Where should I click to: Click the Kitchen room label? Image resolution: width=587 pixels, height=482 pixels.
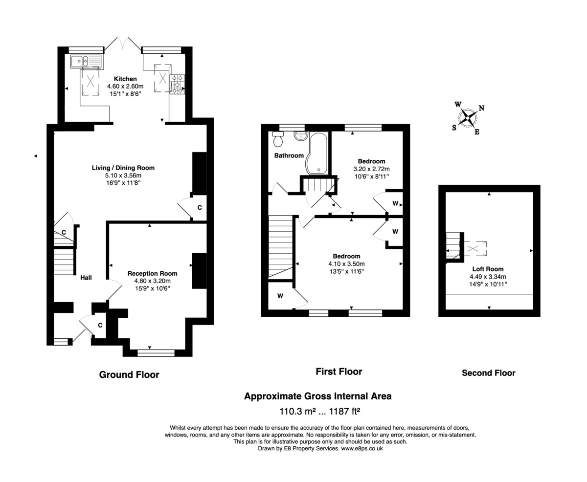[x=125, y=79]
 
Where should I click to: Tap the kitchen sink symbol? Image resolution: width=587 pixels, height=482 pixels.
[x=86, y=61]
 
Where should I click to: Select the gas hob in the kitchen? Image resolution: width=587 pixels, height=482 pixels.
[x=177, y=84]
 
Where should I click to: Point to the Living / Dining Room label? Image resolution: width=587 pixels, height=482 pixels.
[x=123, y=168]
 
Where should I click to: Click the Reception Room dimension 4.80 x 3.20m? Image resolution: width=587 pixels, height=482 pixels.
[x=152, y=281]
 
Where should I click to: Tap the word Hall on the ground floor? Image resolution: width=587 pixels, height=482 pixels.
[x=86, y=278]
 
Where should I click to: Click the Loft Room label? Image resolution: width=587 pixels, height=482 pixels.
[x=488, y=269]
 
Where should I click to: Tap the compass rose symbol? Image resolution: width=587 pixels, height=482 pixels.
[x=468, y=117]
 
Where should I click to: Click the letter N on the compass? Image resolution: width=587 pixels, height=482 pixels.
[x=481, y=109]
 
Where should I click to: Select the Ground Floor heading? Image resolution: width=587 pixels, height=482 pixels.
[x=129, y=375]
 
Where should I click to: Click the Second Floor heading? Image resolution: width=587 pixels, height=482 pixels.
[x=488, y=373]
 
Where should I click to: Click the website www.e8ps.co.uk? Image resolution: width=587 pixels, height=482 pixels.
[x=361, y=448]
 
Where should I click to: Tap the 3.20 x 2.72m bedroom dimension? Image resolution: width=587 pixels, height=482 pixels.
[x=371, y=169]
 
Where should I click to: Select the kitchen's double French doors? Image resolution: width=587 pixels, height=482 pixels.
[x=123, y=44]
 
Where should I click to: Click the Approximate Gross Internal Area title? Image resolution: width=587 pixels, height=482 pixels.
[x=317, y=396]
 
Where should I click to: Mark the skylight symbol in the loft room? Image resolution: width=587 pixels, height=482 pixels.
[x=474, y=249]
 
